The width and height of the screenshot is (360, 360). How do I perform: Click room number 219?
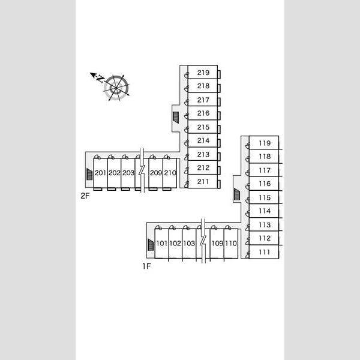[203, 73]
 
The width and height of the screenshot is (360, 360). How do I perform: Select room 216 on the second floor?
[203, 113]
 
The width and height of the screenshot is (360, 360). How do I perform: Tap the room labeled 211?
[203, 182]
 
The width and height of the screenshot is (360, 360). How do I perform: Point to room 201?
[100, 173]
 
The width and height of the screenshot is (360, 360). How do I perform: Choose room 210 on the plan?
[170, 173]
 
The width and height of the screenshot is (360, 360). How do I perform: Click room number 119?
[265, 143]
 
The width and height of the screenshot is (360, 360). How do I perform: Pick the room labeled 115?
[265, 197]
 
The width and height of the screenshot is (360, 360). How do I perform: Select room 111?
[264, 252]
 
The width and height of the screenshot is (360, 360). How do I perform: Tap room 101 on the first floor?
[162, 244]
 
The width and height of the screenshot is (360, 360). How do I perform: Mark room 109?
[217, 244]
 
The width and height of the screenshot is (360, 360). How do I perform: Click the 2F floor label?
[85, 196]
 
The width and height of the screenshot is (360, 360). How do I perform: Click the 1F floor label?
[146, 266]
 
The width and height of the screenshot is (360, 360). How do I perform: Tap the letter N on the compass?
[100, 79]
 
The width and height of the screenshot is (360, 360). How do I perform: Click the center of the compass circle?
[116, 88]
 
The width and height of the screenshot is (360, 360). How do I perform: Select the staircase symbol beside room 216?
[176, 118]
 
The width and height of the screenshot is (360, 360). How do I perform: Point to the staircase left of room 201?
[89, 174]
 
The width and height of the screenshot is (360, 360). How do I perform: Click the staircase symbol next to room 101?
[151, 245]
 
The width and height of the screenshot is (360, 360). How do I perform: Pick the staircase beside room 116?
[237, 194]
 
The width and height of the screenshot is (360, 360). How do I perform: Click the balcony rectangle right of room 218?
[219, 88]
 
